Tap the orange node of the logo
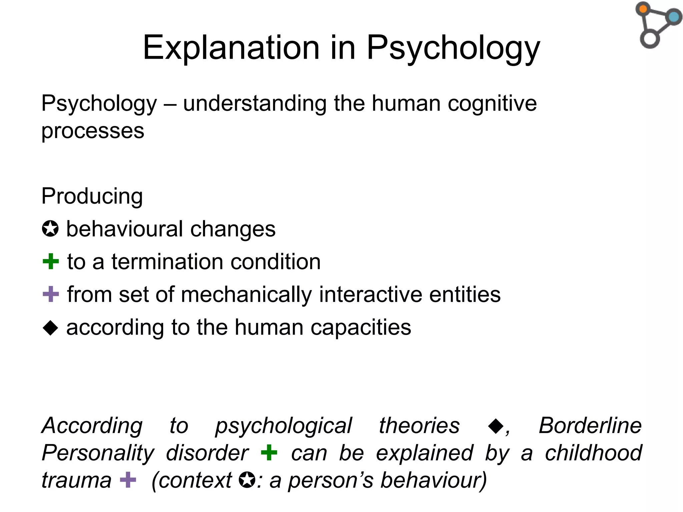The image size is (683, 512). click(643, 9)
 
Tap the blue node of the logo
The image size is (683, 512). click(674, 17)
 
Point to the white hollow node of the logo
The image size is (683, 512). click(650, 39)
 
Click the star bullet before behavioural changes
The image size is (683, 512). click(50, 229)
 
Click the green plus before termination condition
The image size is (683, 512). click(51, 261)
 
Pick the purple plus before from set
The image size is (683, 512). click(51, 294)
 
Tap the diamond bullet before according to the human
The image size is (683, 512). click(51, 327)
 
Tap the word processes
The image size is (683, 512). click(93, 131)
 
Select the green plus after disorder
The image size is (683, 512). click(269, 453)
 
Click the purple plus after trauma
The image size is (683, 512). click(128, 480)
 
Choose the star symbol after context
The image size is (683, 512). click(247, 480)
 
